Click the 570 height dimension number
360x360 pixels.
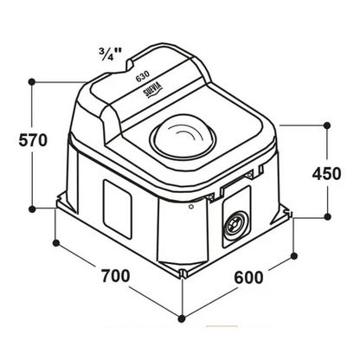(33, 140)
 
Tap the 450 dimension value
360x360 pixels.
(327, 174)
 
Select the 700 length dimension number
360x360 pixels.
(115, 276)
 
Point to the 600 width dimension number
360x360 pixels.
(248, 278)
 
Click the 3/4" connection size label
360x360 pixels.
(110, 54)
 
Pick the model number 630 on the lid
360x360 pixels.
(143, 76)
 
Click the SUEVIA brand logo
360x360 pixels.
(154, 90)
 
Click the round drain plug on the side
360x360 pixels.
(235, 224)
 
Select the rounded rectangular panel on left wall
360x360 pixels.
(118, 209)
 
